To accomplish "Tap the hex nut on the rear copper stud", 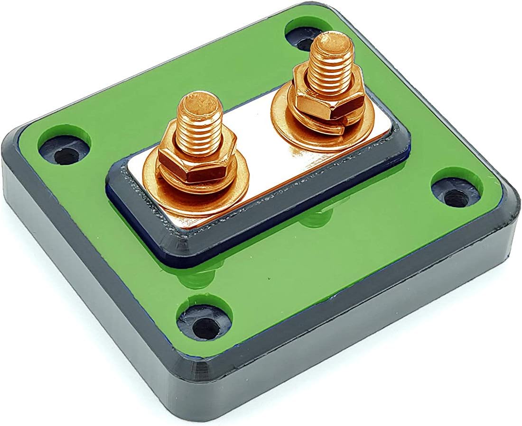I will click(327, 92).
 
